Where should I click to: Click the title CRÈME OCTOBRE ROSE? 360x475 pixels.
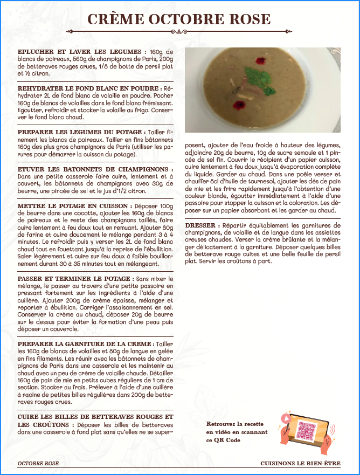tap(179, 19)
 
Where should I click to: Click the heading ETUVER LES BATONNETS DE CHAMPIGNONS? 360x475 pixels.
tap(92, 169)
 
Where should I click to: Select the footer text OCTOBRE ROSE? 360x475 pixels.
tap(38, 463)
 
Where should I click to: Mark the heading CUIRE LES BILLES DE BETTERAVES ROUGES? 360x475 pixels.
tap(95, 417)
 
